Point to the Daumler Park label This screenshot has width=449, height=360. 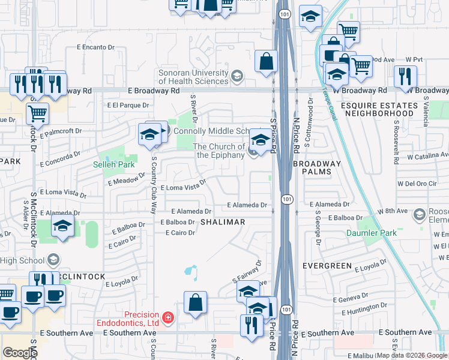point(380,232)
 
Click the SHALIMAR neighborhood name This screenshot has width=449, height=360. point(222,222)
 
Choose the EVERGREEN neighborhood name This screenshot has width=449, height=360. point(327,265)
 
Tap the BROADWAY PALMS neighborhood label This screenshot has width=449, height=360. point(317,168)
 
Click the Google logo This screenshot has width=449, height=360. point(19,353)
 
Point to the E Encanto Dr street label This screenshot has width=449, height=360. point(95,47)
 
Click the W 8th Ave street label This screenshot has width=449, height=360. point(391,210)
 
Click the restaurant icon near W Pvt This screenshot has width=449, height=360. point(405,76)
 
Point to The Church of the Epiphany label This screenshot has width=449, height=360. point(218,151)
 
